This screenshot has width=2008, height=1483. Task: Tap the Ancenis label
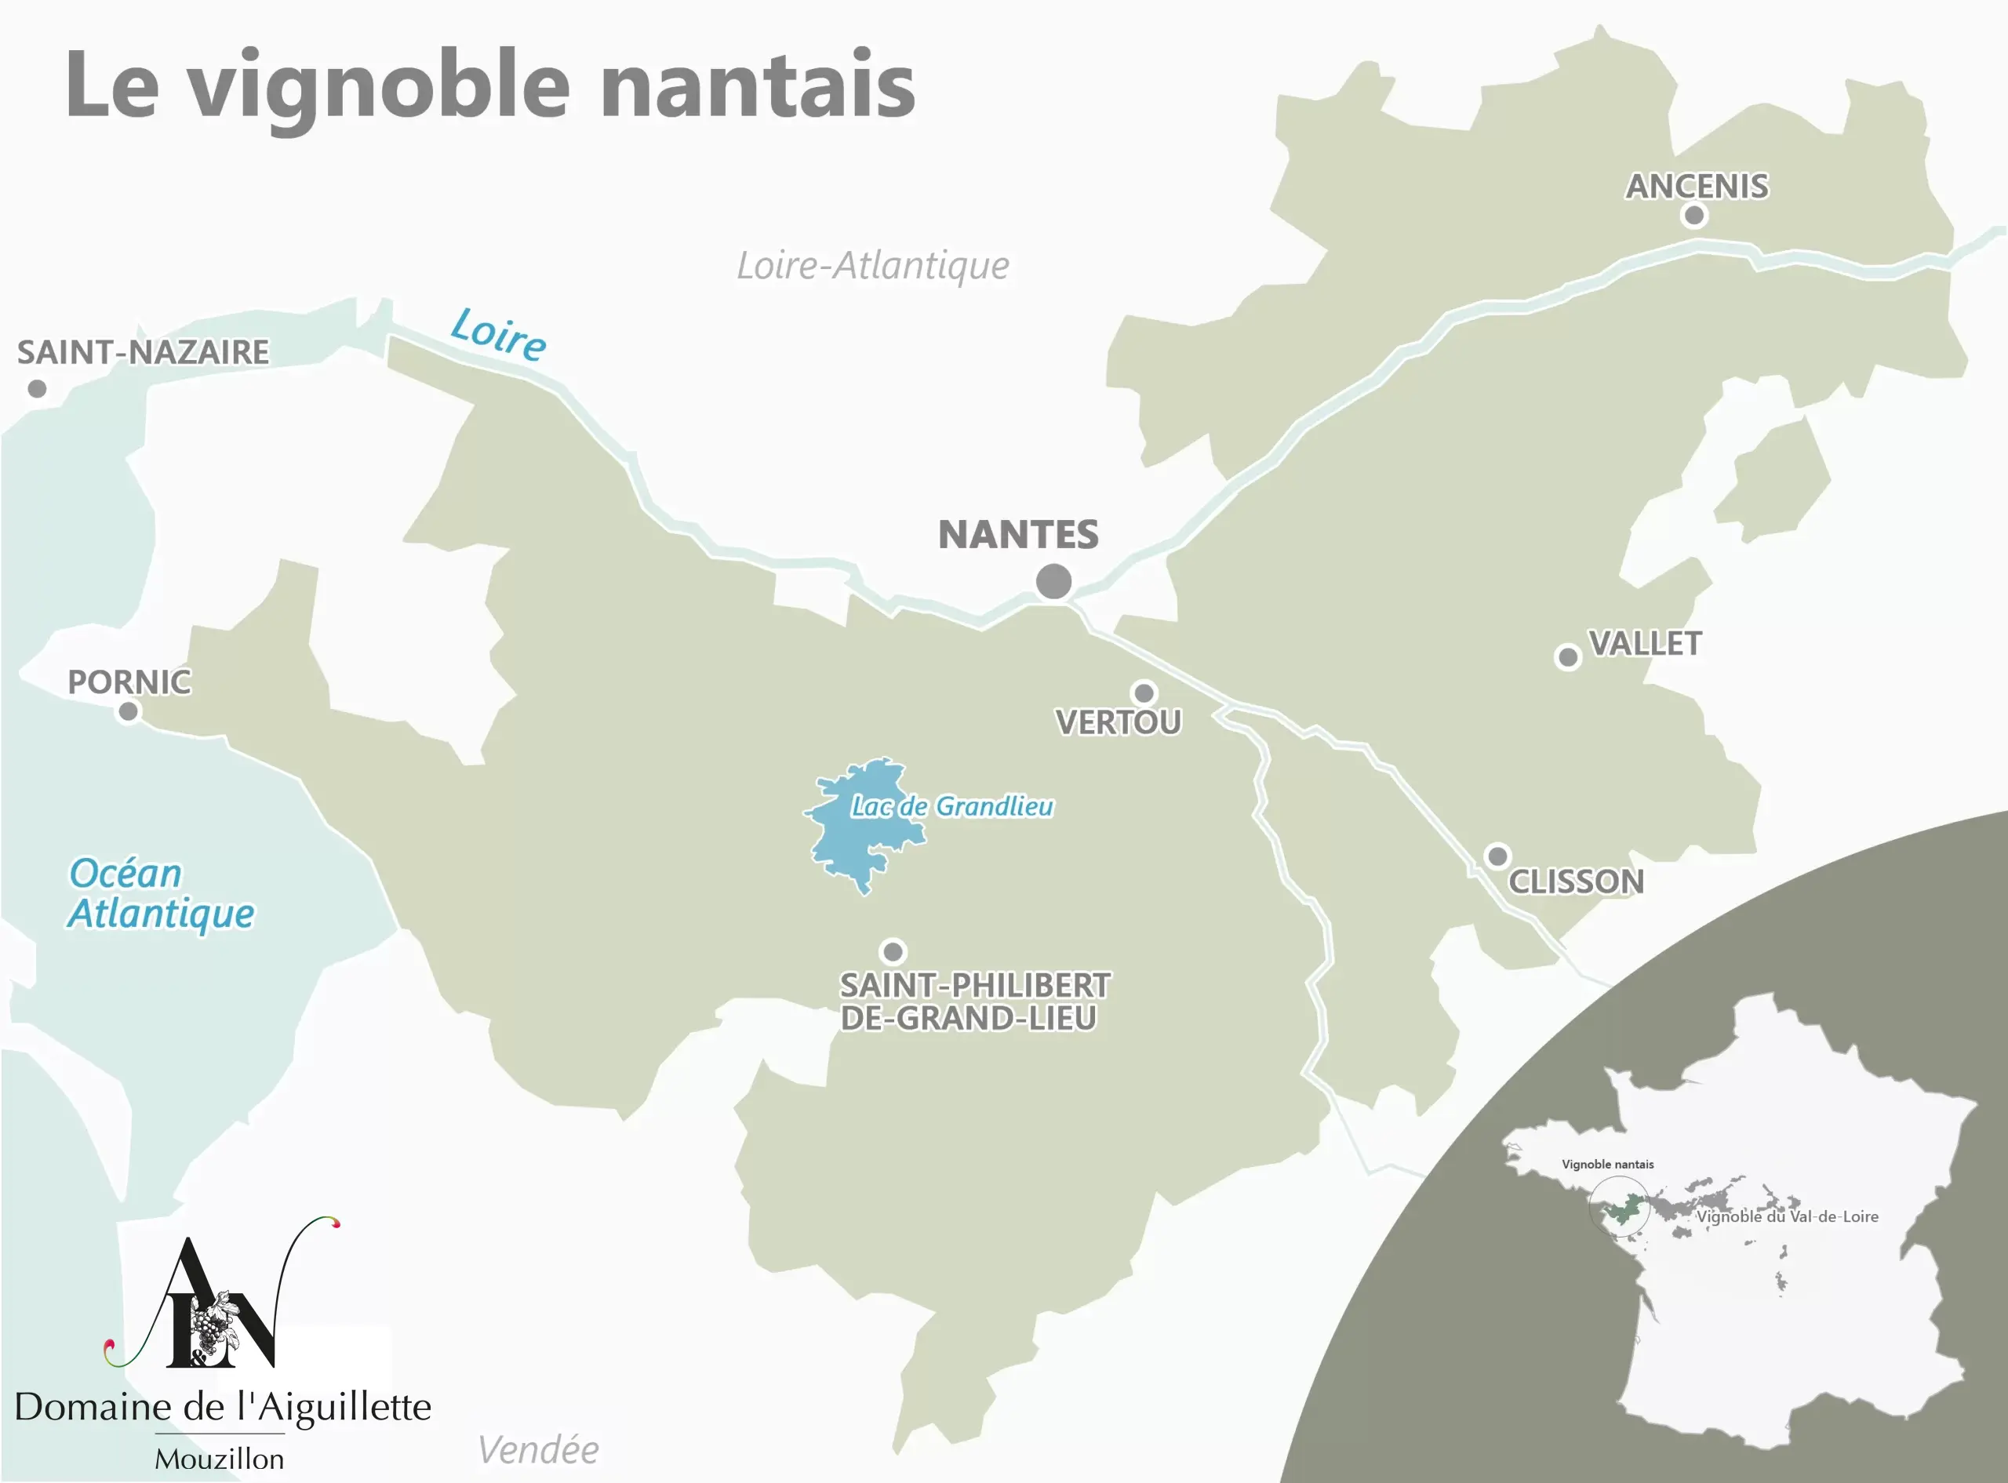[1697, 187]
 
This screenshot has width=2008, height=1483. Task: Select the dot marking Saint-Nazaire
[37, 389]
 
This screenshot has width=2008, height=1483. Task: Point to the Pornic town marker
[129, 712]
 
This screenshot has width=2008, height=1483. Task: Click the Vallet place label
[1645, 644]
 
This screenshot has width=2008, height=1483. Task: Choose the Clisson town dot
[1497, 856]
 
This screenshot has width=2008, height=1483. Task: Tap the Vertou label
[1118, 722]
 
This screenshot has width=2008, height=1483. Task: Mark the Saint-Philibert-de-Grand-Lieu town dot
[893, 951]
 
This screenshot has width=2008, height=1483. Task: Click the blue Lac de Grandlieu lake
[853, 844]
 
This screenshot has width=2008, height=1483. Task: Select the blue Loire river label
[498, 334]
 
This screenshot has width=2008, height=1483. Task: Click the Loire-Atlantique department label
[872, 266]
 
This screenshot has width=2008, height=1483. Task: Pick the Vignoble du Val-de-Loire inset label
[1786, 1217]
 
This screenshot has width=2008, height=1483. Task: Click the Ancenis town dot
[1693, 216]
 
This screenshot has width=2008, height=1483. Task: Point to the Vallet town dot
[1567, 657]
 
